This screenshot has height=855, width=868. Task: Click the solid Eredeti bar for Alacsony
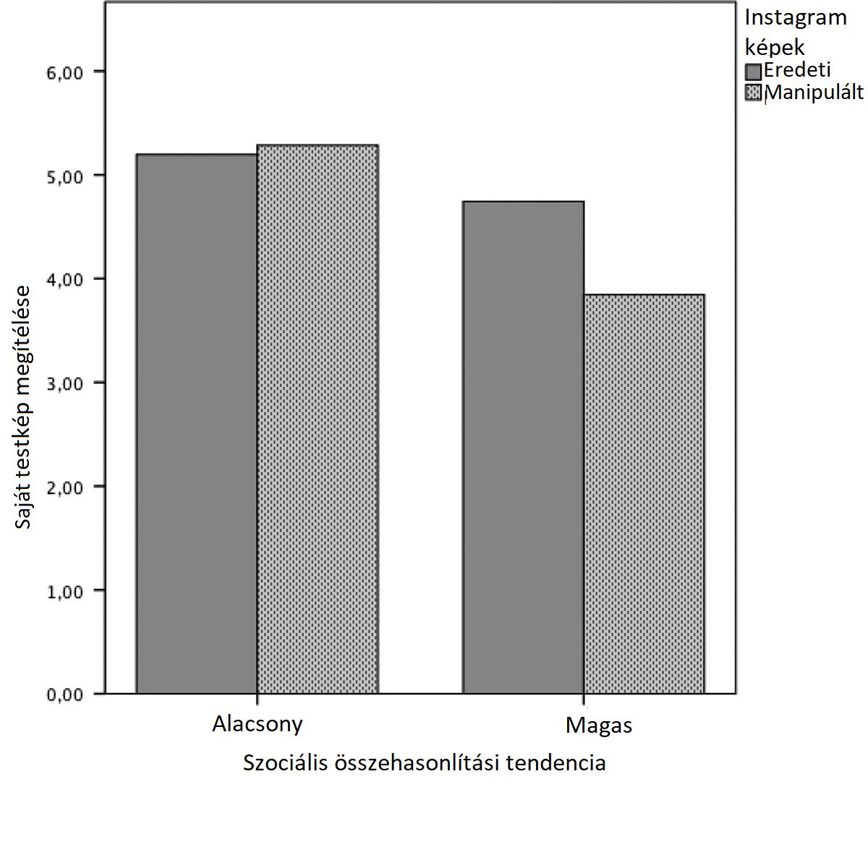pyautogui.click(x=197, y=424)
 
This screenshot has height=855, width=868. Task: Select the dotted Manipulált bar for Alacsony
pyautogui.click(x=318, y=420)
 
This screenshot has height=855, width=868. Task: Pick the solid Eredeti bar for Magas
pyautogui.click(x=523, y=447)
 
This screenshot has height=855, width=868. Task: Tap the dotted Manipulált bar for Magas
pyautogui.click(x=644, y=494)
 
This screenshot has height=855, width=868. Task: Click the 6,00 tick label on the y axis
pyautogui.click(x=65, y=73)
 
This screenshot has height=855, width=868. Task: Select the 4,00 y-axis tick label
pyautogui.click(x=65, y=280)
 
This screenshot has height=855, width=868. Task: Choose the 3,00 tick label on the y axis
pyautogui.click(x=65, y=384)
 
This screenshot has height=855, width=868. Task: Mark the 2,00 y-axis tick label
pyautogui.click(x=65, y=488)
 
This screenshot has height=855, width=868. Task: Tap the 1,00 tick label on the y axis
pyautogui.click(x=65, y=592)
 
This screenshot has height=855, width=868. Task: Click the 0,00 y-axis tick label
pyautogui.click(x=65, y=695)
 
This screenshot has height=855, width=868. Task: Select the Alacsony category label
pyautogui.click(x=258, y=724)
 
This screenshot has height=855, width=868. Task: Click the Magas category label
pyautogui.click(x=599, y=726)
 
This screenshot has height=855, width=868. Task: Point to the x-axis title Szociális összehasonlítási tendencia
pyautogui.click(x=424, y=763)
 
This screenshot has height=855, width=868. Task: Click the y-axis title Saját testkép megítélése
pyautogui.click(x=23, y=407)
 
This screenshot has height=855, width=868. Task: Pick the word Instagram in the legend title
pyautogui.click(x=796, y=18)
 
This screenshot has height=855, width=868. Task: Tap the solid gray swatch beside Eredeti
pyautogui.click(x=754, y=71)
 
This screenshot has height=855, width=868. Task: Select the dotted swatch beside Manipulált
pyautogui.click(x=754, y=93)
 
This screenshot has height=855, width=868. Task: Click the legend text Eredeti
pyautogui.click(x=797, y=70)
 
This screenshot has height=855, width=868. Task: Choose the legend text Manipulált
pyautogui.click(x=814, y=93)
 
